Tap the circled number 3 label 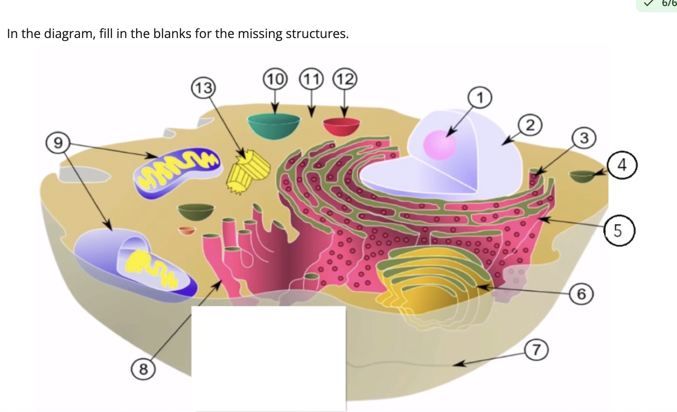click(584, 138)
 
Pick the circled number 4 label click(622, 165)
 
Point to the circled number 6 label click(582, 294)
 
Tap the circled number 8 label click(143, 369)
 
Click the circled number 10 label click(275, 79)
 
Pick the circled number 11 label click(311, 79)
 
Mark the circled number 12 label click(345, 79)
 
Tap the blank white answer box click(269, 358)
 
